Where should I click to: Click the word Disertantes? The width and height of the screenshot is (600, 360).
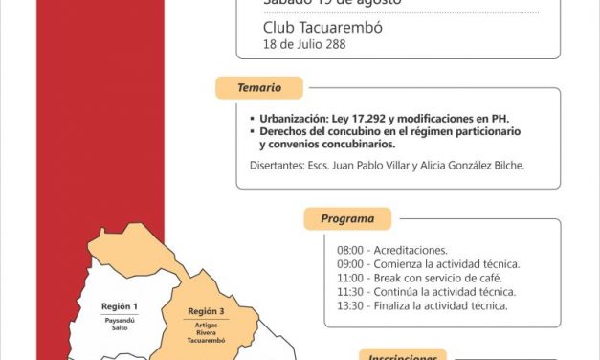click(x=266, y=166)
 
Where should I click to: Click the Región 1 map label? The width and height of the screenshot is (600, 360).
click(x=120, y=306)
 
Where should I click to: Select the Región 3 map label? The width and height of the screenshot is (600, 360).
click(x=206, y=311)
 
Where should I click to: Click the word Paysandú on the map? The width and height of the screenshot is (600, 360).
click(x=119, y=320)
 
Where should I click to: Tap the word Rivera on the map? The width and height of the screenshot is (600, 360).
click(x=206, y=333)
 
